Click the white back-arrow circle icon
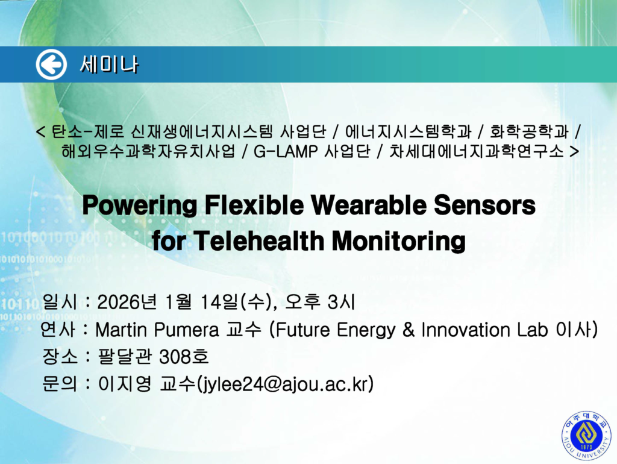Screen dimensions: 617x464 tap(51, 64)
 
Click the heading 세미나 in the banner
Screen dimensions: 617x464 tap(109, 64)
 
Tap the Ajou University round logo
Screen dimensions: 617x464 tap(586, 435)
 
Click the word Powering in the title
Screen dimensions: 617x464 tap(140, 205)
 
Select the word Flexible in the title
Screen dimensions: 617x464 tap(254, 205)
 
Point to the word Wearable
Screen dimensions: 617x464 tap(369, 205)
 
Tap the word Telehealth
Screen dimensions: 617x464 tap(258, 240)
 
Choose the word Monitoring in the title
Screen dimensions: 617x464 tap(399, 241)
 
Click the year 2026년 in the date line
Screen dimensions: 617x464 tap(127, 303)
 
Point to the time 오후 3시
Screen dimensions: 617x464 tap(319, 302)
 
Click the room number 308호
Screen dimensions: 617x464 tap(184, 357)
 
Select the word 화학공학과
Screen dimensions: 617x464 tap(529, 131)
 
